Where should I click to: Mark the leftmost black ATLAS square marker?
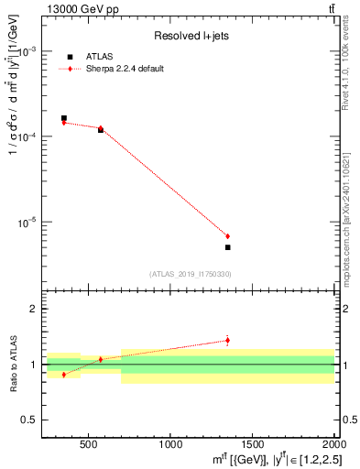(x=63, y=118)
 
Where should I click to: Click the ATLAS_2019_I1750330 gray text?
(x=191, y=274)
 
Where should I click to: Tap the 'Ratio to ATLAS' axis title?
(x=13, y=365)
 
